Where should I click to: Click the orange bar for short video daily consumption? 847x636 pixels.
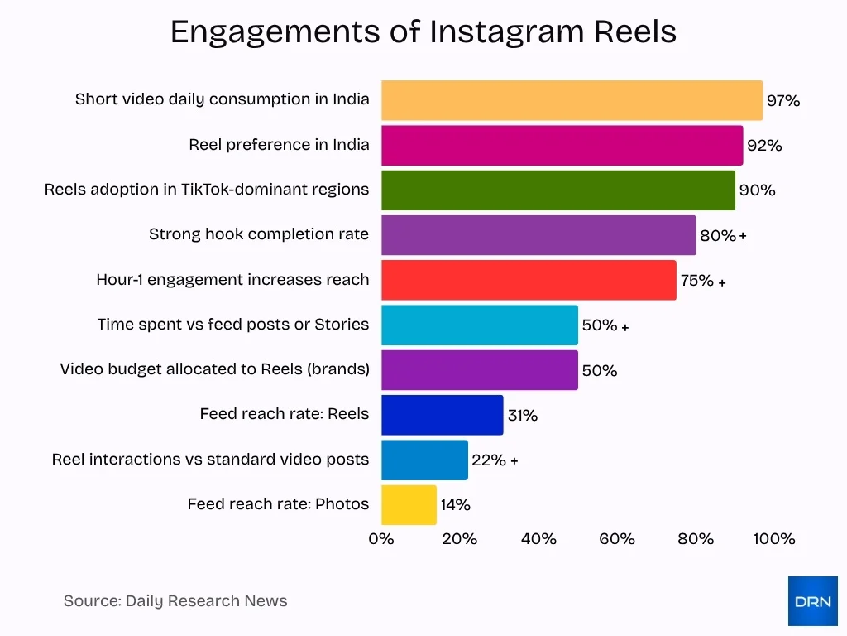click(x=572, y=100)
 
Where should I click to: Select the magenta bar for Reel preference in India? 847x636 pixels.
click(x=562, y=146)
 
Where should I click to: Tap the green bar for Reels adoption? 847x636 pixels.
click(x=557, y=190)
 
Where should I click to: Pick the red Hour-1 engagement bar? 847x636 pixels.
click(x=529, y=280)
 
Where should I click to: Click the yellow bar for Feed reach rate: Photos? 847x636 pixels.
click(x=409, y=504)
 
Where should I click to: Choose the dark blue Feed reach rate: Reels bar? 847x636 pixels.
click(x=442, y=415)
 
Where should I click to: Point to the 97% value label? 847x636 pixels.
click(x=782, y=101)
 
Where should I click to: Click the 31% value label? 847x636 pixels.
click(x=522, y=416)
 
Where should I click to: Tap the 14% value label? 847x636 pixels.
click(x=455, y=505)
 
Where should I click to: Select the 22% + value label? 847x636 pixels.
click(x=494, y=460)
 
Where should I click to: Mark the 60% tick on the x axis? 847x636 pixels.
click(x=617, y=539)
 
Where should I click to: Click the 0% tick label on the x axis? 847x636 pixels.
click(x=381, y=539)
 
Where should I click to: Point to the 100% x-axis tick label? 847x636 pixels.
click(x=774, y=539)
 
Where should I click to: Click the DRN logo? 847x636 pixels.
click(x=812, y=601)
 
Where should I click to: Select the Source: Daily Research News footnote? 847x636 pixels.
click(x=175, y=601)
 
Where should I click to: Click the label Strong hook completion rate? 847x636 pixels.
click(x=259, y=234)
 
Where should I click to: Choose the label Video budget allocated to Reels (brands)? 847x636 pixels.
click(x=214, y=369)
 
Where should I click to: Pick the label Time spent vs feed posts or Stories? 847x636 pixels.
click(x=232, y=325)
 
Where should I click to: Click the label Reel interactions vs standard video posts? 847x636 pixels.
click(x=210, y=459)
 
